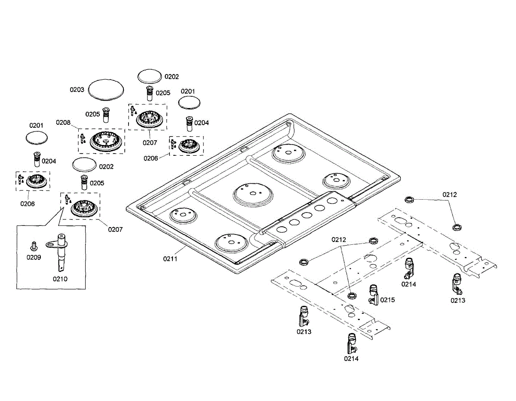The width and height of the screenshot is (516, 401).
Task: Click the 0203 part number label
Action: pos(77,90)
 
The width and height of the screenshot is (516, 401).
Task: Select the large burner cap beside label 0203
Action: pos(106,90)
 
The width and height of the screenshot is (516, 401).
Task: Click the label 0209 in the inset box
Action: pos(34,257)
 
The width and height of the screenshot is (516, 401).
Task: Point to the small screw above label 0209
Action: pos(33,246)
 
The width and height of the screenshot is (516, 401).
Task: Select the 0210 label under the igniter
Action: pos(60,278)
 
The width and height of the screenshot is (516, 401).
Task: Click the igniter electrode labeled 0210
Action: pos(61,252)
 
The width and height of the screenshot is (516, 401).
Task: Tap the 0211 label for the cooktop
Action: pos(170,259)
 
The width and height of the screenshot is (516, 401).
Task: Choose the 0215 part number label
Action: pos(387,300)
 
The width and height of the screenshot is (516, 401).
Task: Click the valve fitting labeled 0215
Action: pos(373,294)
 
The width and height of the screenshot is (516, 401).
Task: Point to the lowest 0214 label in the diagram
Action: pos(351,358)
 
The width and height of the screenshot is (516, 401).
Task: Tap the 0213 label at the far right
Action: pos(458,300)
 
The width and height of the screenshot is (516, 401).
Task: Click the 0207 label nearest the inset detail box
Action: pos(115,229)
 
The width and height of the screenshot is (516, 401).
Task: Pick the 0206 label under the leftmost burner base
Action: pos(27,204)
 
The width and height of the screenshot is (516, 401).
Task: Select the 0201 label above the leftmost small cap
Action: pos(37,125)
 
